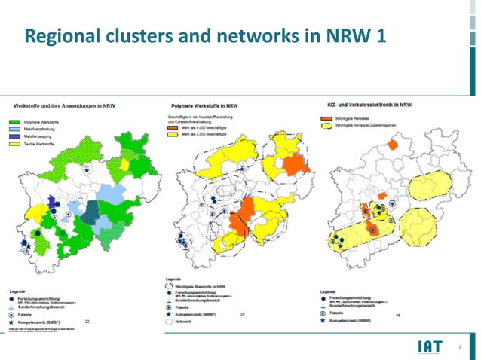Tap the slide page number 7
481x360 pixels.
[x=459, y=346]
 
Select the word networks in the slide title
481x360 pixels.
[x=243, y=35]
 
